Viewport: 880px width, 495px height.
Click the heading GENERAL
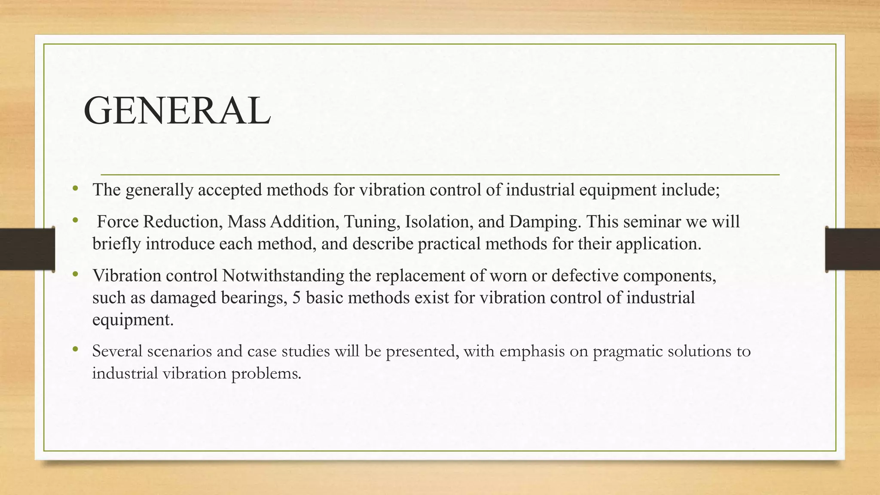(177, 111)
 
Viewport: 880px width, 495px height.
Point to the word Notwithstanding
(283, 276)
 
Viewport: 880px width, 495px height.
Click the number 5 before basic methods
(296, 297)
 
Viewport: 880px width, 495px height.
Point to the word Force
(118, 222)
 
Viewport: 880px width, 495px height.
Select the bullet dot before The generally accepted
(76, 188)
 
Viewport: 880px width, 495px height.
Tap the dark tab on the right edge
(852, 249)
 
